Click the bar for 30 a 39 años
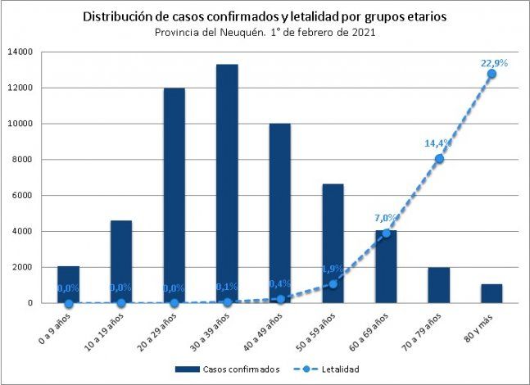227,183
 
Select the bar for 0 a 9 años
68,284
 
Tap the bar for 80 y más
491,293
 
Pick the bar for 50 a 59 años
333,243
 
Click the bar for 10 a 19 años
121,261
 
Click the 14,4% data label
438,143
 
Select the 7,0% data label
386,218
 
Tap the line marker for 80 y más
491,74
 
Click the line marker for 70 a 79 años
439,159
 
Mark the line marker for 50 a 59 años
333,284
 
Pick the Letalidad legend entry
340,369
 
